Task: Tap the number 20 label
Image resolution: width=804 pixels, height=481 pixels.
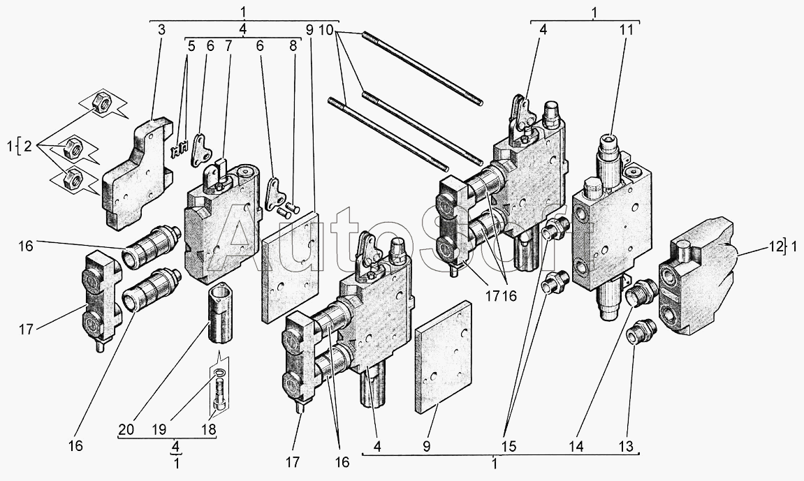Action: [x=126, y=429]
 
